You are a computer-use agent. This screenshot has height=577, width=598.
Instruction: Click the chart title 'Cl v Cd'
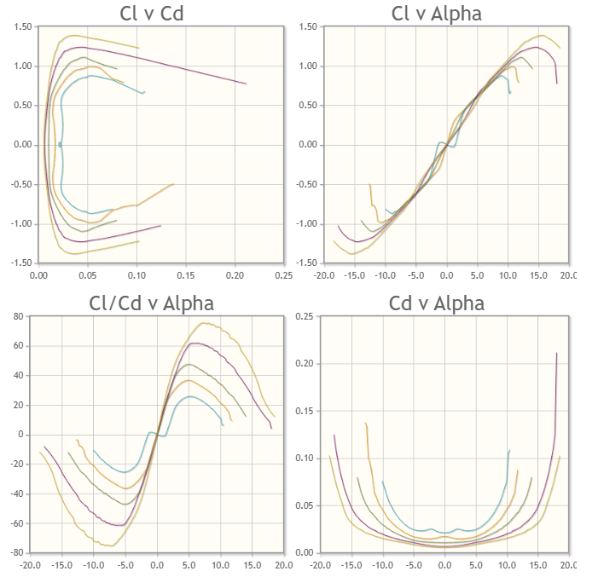tap(160, 14)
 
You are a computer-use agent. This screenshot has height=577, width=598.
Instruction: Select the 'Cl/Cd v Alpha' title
tap(152, 303)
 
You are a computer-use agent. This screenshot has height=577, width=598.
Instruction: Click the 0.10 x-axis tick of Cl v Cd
tap(136, 275)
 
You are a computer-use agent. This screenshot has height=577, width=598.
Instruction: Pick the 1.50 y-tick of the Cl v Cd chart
tap(23, 27)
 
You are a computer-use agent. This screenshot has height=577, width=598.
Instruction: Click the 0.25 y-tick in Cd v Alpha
tap(304, 316)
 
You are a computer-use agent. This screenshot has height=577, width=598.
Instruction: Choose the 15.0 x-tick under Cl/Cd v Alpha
tap(252, 565)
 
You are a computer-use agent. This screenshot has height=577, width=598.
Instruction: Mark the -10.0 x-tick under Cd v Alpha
tap(382, 565)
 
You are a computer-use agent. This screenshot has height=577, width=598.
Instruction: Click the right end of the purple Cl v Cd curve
tap(246, 84)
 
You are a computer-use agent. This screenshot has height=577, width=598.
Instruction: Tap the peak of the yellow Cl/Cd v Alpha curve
tap(204, 323)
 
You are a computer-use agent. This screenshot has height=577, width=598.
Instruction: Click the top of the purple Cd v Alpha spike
tap(557, 353)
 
